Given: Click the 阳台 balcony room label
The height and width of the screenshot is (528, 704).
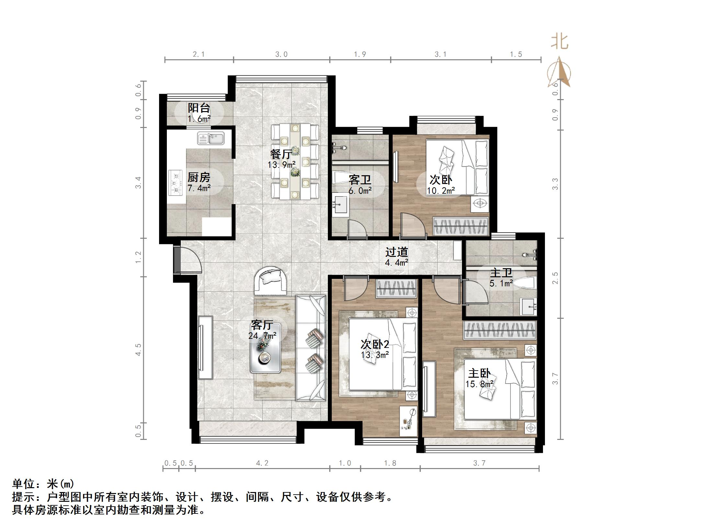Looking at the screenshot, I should (199, 108).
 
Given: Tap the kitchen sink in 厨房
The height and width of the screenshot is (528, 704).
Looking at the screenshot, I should (211, 138).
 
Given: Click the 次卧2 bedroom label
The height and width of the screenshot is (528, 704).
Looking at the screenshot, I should (375, 344).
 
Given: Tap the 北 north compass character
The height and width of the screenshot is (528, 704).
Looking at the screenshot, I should (560, 42).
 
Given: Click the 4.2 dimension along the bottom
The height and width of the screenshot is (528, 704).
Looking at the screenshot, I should (262, 463).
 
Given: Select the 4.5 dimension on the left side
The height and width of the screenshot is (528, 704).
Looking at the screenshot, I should (138, 350).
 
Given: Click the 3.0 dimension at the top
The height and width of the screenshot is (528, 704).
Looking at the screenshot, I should (281, 54).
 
